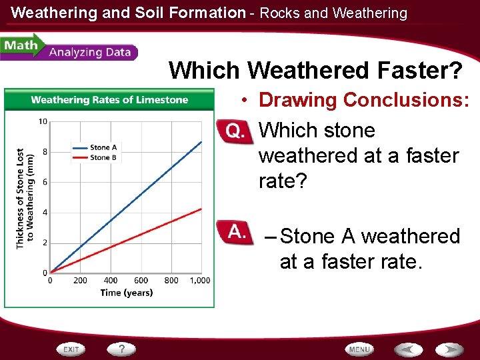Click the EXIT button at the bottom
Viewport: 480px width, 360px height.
click(x=71, y=349)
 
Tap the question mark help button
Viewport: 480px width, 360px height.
click(x=122, y=349)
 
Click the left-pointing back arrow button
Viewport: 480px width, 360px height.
click(x=407, y=349)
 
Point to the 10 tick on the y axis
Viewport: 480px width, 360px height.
click(x=43, y=121)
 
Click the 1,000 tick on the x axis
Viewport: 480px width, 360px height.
click(x=200, y=281)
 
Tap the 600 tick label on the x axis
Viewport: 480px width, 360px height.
click(x=141, y=281)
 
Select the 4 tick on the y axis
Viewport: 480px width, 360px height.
click(x=44, y=213)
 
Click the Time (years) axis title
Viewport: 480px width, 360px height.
click(x=127, y=293)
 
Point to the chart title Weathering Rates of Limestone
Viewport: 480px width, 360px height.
click(x=109, y=100)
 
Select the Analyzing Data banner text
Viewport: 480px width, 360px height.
click(x=89, y=53)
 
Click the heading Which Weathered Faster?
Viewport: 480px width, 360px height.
click(x=316, y=70)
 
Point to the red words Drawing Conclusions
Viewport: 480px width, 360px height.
click(x=363, y=100)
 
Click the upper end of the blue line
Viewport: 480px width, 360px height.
click(x=201, y=141)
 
